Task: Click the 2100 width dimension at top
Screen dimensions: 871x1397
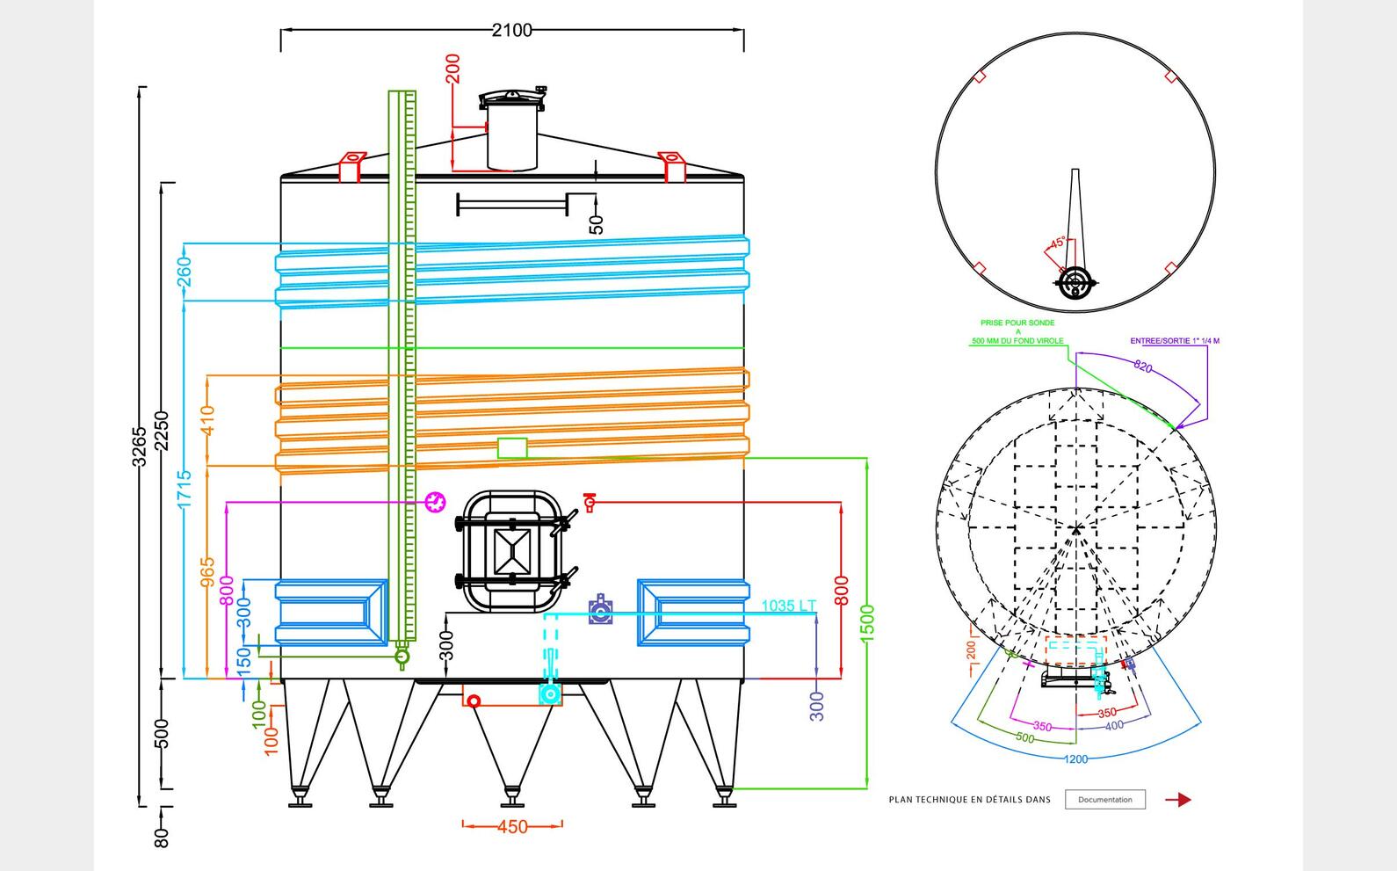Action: [511, 30]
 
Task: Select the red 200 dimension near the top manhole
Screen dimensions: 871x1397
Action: [453, 69]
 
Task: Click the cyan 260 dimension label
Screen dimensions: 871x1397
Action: [185, 272]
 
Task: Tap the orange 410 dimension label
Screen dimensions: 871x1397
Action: [208, 420]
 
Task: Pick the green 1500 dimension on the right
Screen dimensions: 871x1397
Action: [868, 622]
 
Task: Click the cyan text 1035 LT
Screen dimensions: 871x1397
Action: [788, 606]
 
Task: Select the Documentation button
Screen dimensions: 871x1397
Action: [1104, 800]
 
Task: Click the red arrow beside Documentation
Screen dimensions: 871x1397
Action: [1178, 800]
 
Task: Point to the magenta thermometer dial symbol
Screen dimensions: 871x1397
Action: [435, 502]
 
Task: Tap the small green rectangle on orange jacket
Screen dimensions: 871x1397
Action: [512, 448]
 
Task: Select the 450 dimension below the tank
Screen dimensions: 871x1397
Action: [512, 827]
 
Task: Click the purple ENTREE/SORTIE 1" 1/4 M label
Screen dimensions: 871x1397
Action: [1175, 341]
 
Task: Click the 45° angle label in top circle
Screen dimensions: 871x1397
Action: [1058, 243]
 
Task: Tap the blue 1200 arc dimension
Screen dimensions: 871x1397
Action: [1075, 759]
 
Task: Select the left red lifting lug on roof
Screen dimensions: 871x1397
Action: [351, 165]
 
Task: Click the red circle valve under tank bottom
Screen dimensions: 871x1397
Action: [474, 700]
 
